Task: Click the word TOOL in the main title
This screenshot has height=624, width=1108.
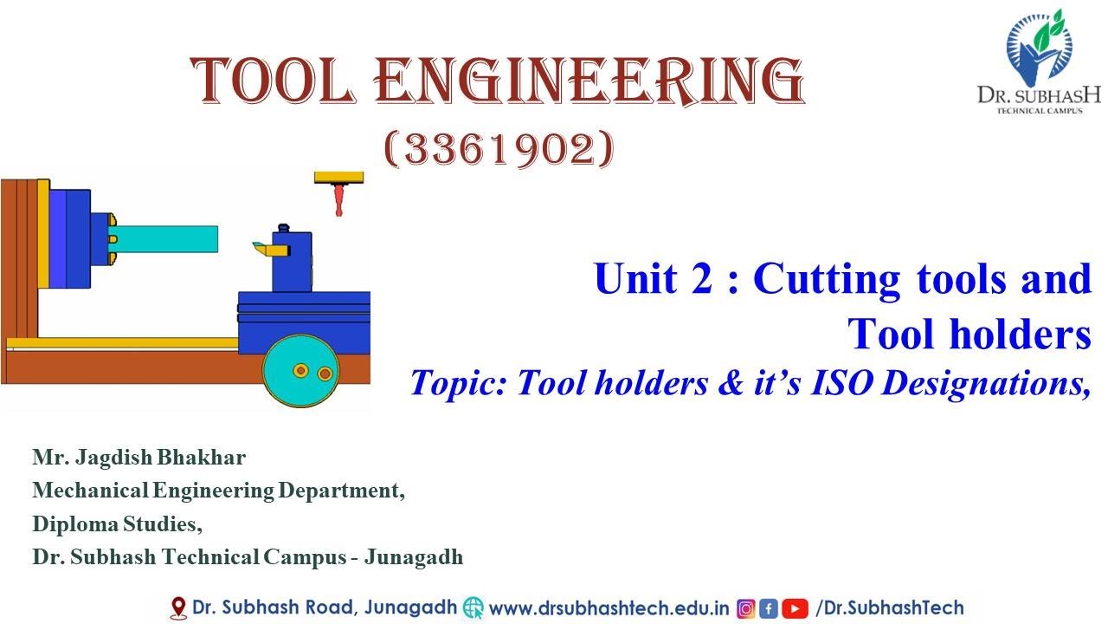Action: pos(278,81)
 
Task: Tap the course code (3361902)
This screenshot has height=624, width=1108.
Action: pos(499,150)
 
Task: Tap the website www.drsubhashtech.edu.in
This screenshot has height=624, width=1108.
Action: pos(609,608)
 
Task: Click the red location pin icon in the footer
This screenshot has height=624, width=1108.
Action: pos(178,608)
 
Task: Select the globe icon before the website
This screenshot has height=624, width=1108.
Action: pos(473,608)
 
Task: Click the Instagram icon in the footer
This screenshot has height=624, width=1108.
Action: pos(745,608)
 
